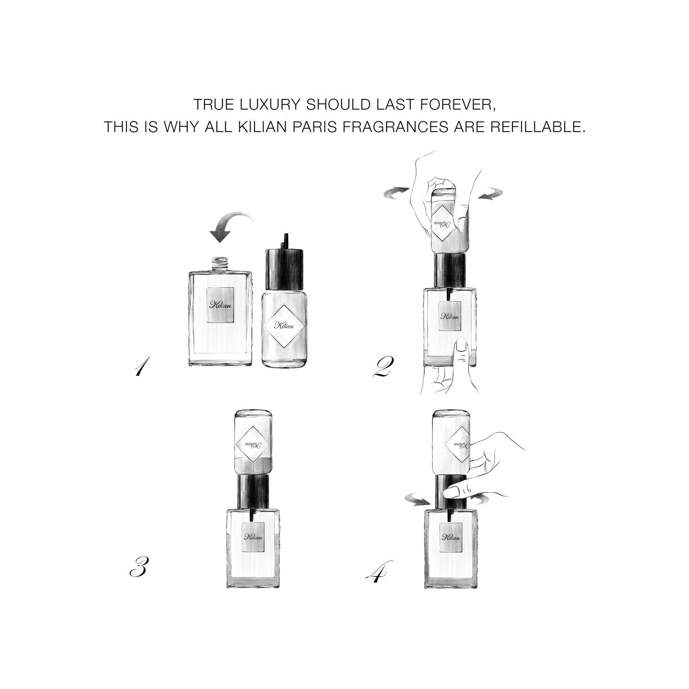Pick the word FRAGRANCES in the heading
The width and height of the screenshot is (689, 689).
click(396, 126)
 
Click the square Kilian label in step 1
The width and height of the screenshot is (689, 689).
click(221, 305)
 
